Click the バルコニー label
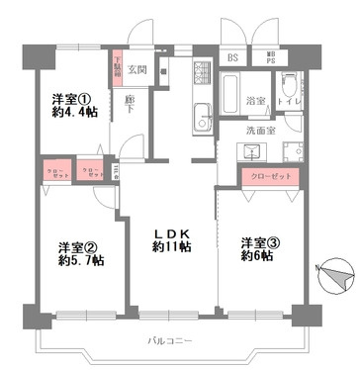click(170, 340)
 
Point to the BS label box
click(232, 57)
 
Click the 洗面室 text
click(263, 130)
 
